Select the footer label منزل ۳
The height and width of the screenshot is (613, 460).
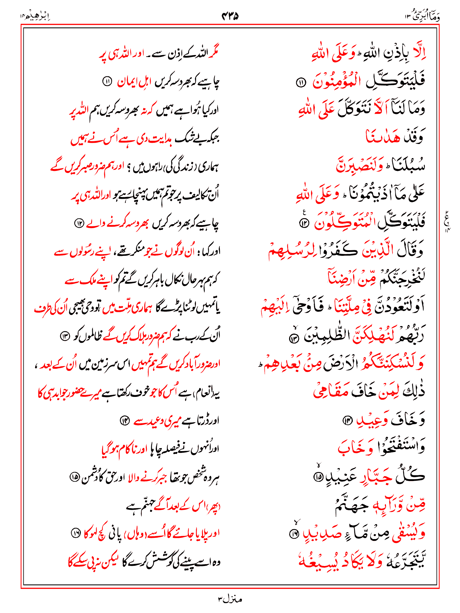pos(230,599)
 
